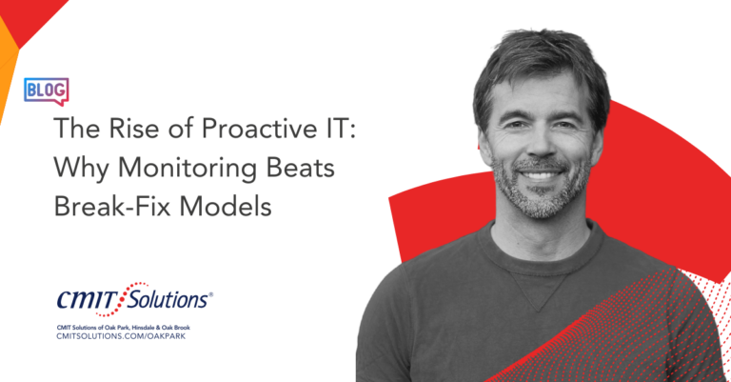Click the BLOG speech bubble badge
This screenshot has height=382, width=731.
click(46, 91)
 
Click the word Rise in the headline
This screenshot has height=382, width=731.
click(134, 128)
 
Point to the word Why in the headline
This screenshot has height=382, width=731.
click(81, 168)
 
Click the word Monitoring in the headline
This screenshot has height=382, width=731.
click(187, 168)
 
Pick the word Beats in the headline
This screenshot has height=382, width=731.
click(300, 167)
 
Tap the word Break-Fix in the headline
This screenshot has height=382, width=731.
click(112, 205)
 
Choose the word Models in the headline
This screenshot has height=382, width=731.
click(226, 205)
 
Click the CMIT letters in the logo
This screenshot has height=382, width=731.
click(88, 299)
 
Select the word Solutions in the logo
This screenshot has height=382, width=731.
click(168, 299)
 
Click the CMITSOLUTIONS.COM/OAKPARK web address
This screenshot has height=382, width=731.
click(121, 336)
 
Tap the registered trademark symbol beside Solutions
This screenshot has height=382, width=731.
click(210, 294)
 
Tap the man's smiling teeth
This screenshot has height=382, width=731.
click(541, 176)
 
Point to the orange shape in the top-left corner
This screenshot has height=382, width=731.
click(8, 70)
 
